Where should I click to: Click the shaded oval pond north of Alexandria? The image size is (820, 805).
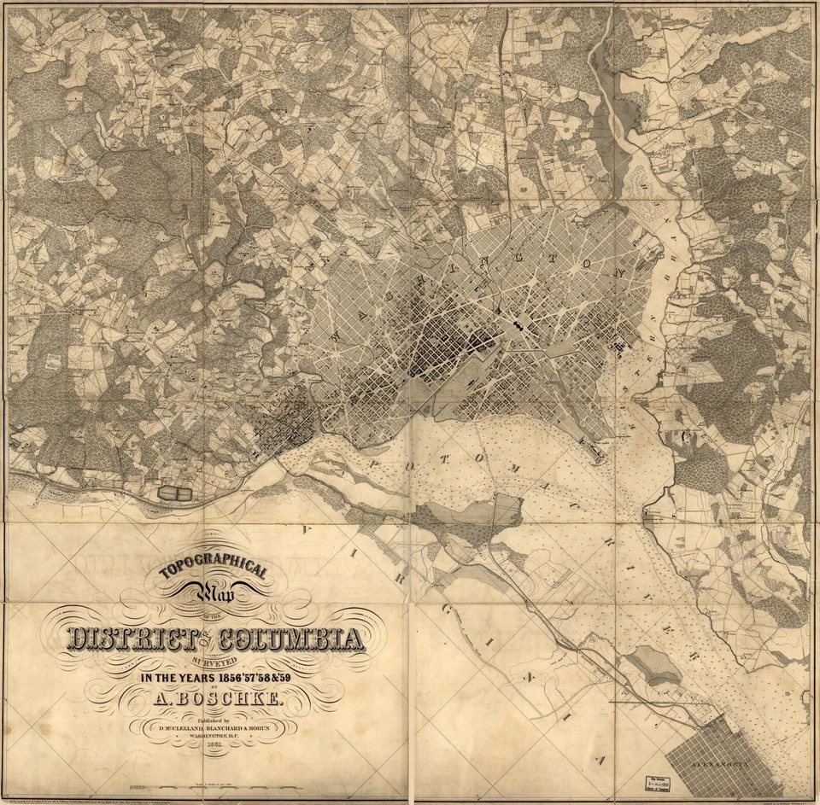coord(654,663)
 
